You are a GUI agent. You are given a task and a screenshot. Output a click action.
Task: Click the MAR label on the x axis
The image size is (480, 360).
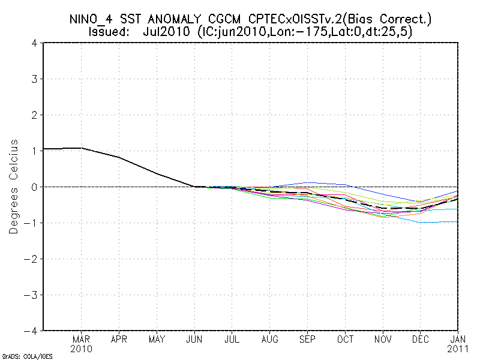(x=81, y=340)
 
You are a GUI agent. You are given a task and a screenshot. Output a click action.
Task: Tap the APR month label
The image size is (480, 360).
(x=119, y=340)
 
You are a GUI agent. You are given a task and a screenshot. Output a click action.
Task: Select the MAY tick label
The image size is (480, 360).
(x=157, y=340)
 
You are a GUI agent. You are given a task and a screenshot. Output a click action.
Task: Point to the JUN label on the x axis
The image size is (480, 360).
(x=194, y=340)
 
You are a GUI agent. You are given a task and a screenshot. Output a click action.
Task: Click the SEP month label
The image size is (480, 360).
(x=308, y=340)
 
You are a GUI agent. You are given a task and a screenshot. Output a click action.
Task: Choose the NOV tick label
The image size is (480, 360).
(x=383, y=340)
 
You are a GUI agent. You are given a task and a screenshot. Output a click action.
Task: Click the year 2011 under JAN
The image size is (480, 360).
(x=458, y=349)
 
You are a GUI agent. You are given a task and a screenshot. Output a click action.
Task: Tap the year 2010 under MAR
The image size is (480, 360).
(x=81, y=349)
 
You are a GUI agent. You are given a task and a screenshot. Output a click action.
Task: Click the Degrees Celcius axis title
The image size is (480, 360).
(x=14, y=187)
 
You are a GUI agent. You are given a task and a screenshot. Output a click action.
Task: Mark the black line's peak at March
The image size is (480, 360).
(x=81, y=148)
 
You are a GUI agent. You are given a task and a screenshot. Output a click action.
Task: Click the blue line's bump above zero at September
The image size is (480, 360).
(x=308, y=182)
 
